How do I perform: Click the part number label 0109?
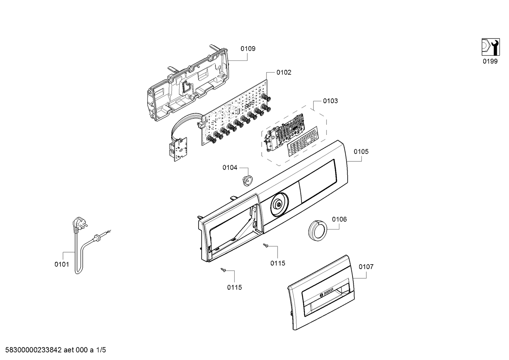pyautogui.click(x=248, y=49)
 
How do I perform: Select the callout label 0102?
pyautogui.click(x=284, y=73)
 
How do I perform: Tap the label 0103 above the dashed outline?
pyautogui.click(x=330, y=101)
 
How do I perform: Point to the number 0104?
pyautogui.click(x=230, y=167)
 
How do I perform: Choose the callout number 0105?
pyautogui.click(x=361, y=152)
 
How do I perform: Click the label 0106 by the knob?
pyautogui.click(x=339, y=219)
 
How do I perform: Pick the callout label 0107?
pyautogui.click(x=366, y=267)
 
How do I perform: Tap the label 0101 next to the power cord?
pyautogui.click(x=62, y=264)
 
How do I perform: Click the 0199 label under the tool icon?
pyautogui.click(x=490, y=61)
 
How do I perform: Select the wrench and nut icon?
pyautogui.click(x=491, y=47)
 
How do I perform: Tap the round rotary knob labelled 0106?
pyautogui.click(x=317, y=230)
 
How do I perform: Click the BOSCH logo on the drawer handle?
pyautogui.click(x=326, y=292)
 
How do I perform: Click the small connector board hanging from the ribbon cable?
pyautogui.click(x=178, y=149)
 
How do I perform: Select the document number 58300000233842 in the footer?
pyautogui.click(x=33, y=350)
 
